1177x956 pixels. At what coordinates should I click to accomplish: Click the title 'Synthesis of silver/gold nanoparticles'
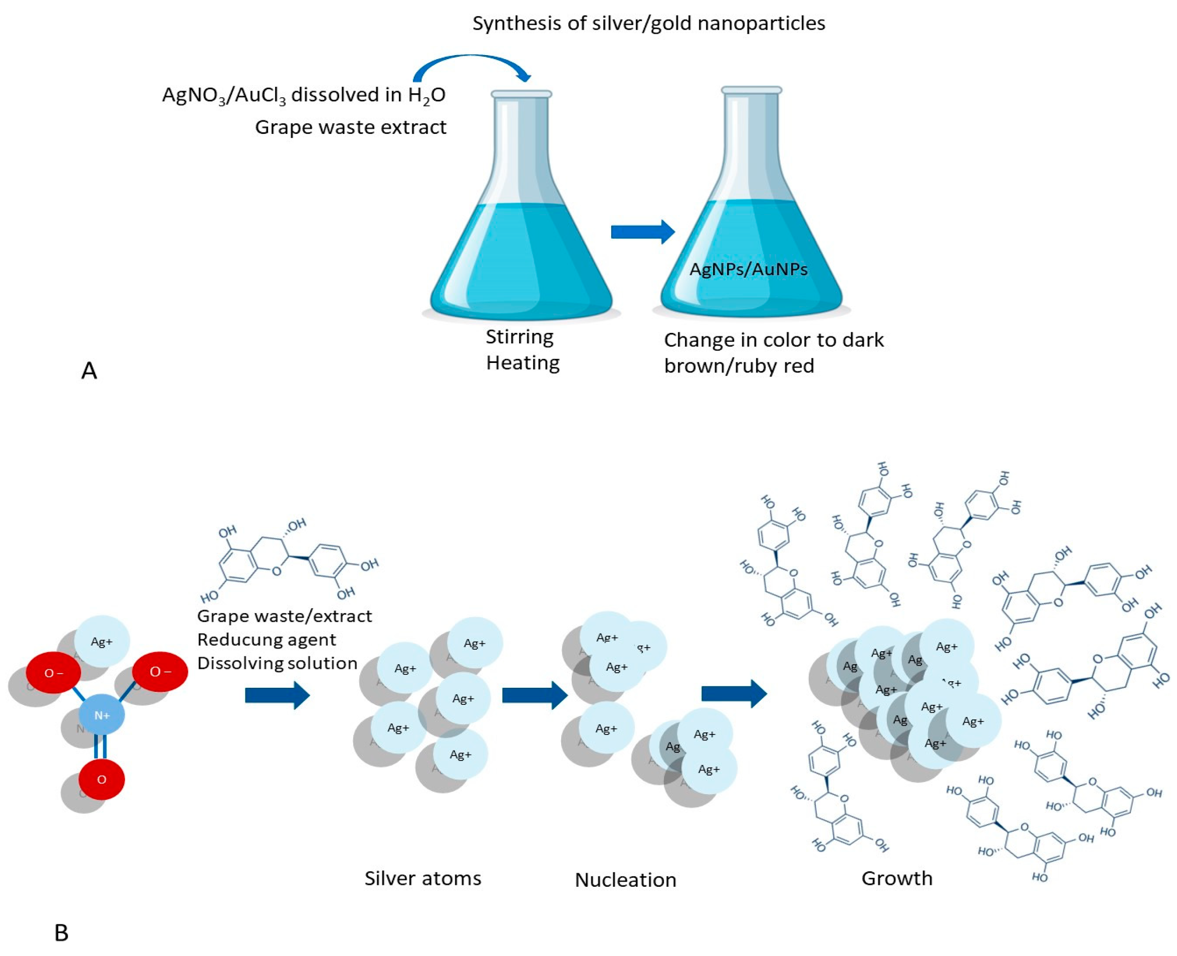(x=648, y=24)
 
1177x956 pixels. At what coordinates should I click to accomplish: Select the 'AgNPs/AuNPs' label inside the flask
(x=748, y=269)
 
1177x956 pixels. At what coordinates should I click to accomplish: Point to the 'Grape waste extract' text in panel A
(x=350, y=127)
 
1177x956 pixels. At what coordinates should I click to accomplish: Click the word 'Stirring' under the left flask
(x=519, y=336)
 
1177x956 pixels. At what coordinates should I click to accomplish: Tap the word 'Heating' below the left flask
(x=523, y=363)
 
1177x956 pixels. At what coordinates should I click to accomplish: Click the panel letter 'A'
(x=89, y=370)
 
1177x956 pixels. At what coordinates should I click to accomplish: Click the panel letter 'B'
(x=62, y=933)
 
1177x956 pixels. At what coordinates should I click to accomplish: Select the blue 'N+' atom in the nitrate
(x=102, y=715)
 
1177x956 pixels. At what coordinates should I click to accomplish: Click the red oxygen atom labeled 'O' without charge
(x=101, y=779)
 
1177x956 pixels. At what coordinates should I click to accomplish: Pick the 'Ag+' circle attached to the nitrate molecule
(x=102, y=642)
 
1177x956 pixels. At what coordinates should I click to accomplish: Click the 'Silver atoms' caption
(x=422, y=878)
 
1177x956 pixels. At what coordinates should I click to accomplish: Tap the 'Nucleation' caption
(x=625, y=880)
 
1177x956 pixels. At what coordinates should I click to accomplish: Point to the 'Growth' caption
(x=897, y=878)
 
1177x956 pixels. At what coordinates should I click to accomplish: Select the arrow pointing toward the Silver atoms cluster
(x=278, y=695)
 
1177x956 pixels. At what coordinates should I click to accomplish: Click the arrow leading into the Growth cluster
(x=734, y=693)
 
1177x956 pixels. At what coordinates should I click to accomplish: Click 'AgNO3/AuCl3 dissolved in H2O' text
(x=303, y=95)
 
